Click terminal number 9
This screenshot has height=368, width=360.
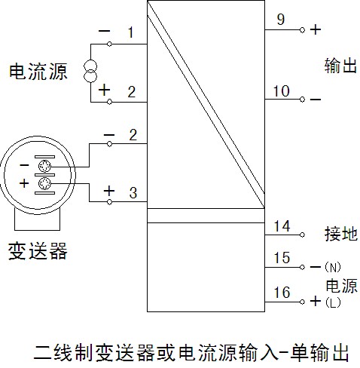[281, 20]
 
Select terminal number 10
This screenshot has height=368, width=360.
[282, 91]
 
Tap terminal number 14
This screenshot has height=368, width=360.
[282, 226]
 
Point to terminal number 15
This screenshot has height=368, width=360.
[282, 258]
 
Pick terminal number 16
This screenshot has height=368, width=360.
[282, 293]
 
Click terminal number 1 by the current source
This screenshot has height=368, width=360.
[130, 32]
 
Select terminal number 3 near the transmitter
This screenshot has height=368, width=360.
[133, 193]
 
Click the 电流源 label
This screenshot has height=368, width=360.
[38, 72]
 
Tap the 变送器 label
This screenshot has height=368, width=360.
[38, 250]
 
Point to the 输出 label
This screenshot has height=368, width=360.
[340, 66]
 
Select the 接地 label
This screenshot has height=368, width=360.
[341, 234]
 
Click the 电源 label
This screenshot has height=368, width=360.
[341, 286]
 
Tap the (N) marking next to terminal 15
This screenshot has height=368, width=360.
[333, 267]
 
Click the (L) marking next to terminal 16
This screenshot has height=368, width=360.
[333, 302]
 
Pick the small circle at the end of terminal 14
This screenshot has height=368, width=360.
[302, 235]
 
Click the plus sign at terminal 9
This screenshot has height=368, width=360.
[316, 29]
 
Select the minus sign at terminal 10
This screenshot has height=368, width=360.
[316, 100]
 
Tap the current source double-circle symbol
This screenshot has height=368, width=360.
[90, 72]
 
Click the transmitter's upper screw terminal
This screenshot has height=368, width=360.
[44, 166]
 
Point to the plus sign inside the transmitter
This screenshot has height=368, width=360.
[24, 183]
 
